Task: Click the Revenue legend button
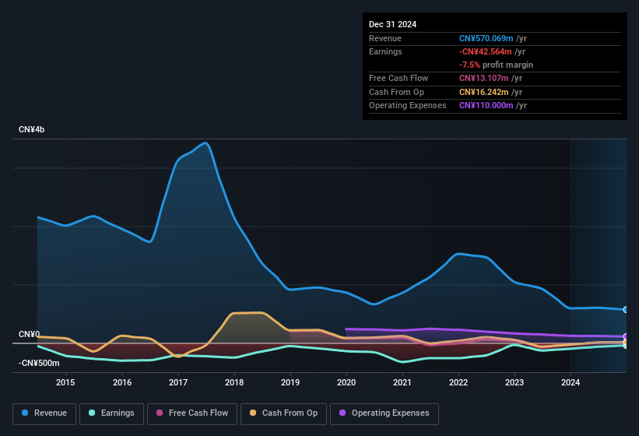pos(44,413)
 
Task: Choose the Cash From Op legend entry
pos(283,413)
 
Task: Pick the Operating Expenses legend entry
pos(384,413)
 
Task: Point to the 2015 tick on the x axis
pos(65,382)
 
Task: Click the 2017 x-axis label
pos(178,382)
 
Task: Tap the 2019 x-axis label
pos(290,382)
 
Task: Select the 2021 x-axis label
pos(402,382)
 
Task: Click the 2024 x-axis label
pos(571,382)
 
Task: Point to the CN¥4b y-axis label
pos(32,129)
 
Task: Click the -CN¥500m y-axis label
pos(39,363)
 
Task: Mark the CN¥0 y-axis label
pos(30,335)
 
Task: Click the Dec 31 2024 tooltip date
pos(392,24)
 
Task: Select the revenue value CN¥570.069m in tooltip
pos(486,38)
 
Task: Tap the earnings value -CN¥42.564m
pos(486,51)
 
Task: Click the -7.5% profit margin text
pos(496,65)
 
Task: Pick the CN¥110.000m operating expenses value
pos(486,105)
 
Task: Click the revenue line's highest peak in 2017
pos(205,142)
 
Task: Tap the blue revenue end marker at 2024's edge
pos(625,310)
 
